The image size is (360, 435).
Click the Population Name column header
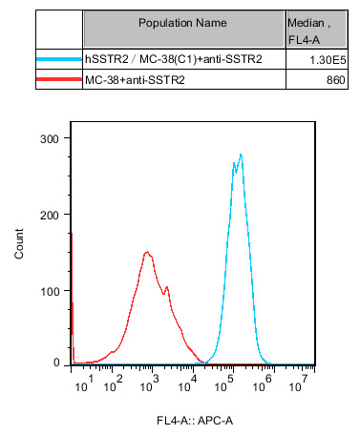[182, 23]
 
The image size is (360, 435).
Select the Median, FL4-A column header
[308, 31]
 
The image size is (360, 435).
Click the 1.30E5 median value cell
[328, 60]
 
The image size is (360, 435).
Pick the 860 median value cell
[335, 80]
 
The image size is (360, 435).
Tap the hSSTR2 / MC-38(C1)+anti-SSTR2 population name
[174, 59]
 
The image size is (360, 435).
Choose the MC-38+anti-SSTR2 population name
[135, 80]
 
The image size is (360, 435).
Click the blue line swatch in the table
[59, 59]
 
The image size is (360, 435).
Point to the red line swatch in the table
[59, 79]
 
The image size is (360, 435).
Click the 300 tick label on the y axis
[50, 138]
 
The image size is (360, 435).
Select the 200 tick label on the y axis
[50, 216]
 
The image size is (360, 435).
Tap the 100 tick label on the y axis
[50, 291]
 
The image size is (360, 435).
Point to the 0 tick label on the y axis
[56, 362]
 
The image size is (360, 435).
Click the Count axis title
[19, 243]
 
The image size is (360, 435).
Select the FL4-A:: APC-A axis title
[195, 421]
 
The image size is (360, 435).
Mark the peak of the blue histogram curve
[241, 155]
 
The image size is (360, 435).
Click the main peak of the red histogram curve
[147, 252]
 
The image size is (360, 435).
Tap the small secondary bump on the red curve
[166, 287]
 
